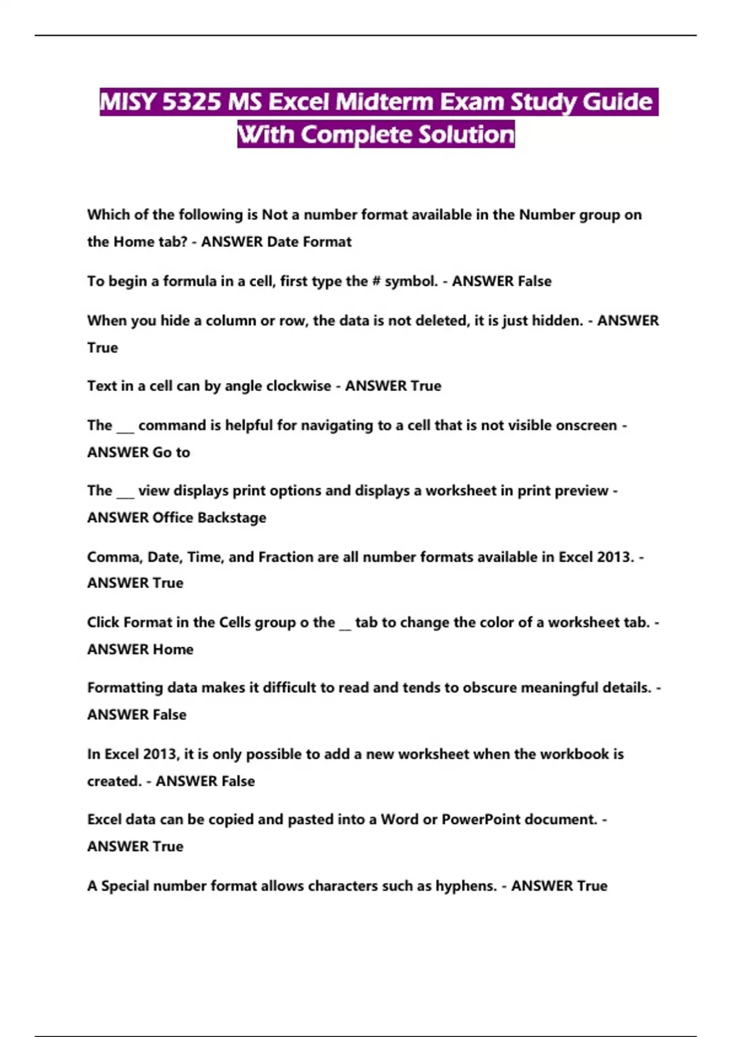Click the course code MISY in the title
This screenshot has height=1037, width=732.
(x=127, y=102)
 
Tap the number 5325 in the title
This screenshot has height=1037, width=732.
(x=192, y=102)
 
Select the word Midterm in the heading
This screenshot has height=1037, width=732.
(x=384, y=102)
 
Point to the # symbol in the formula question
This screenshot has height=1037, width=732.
(x=376, y=281)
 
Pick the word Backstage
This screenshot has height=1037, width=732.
(x=232, y=517)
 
